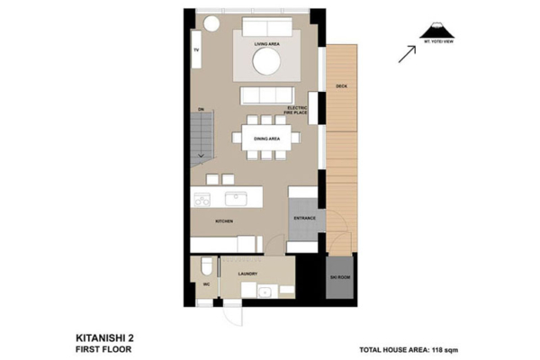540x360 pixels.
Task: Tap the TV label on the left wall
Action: [195, 49]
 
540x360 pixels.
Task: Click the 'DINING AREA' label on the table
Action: [266, 139]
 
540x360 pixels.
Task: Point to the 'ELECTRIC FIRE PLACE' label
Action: [297, 111]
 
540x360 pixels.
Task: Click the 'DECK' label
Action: [341, 86]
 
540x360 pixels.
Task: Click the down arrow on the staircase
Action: [202, 157]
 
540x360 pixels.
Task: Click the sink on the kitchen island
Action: [237, 198]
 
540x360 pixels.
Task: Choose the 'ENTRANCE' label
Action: [303, 218]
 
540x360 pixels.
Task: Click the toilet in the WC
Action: [206, 267]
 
